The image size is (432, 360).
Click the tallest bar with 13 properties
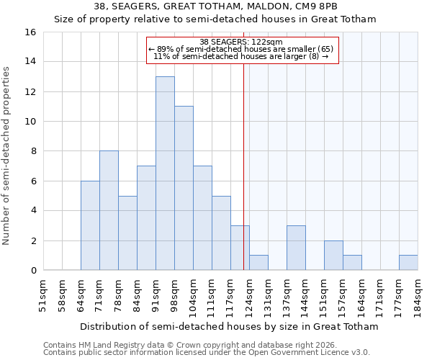165,173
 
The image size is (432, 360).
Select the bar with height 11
184,188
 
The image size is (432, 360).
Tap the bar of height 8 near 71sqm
109,210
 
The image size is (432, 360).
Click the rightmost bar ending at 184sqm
408,263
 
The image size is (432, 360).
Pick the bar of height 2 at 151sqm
333,256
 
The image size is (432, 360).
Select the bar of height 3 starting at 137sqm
296,248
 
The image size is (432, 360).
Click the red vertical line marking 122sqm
244,166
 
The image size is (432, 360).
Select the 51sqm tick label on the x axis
43,294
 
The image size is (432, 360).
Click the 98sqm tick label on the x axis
174,294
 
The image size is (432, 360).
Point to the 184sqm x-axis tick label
418,294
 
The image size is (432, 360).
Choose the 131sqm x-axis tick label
268,294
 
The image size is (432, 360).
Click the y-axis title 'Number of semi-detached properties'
7,155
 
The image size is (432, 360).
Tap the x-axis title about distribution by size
229,326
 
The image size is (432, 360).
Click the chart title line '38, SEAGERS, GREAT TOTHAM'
215,6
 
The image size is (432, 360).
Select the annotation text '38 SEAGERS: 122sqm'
242,42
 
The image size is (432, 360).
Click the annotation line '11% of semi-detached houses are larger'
242,56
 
